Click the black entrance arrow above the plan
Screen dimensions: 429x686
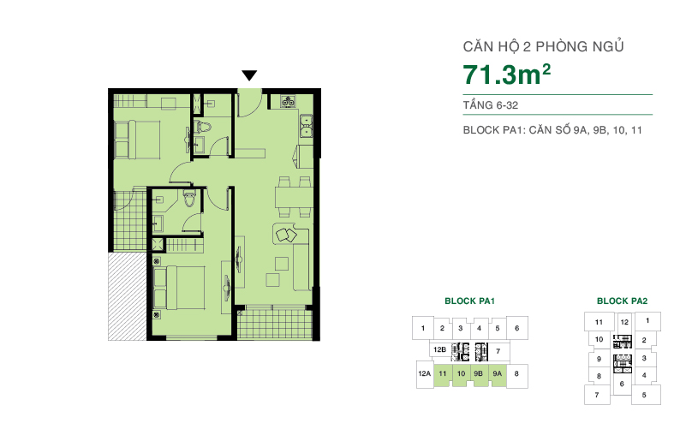(x=249, y=75)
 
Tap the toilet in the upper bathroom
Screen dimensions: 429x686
(x=203, y=128)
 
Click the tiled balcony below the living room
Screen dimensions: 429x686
(x=273, y=322)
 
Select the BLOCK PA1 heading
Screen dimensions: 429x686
(x=470, y=301)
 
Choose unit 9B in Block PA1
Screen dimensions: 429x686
(x=480, y=373)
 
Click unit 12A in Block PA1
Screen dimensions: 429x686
(x=423, y=373)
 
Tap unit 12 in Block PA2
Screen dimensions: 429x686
(x=624, y=322)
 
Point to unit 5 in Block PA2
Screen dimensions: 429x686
(x=644, y=395)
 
